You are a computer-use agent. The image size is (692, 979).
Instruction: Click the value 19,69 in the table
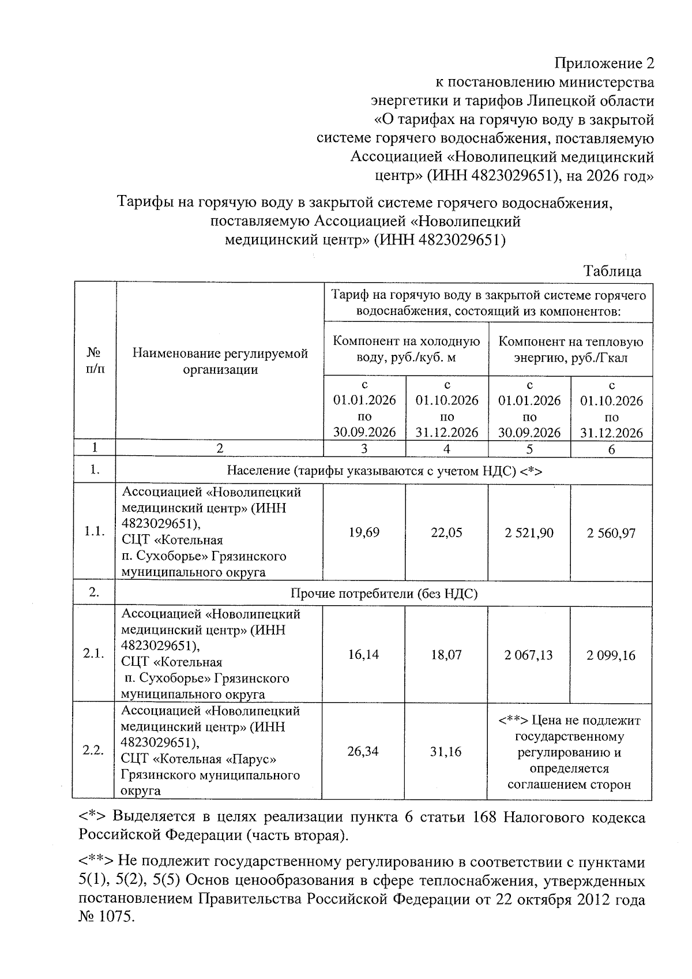click(364, 532)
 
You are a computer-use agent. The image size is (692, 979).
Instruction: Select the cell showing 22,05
click(446, 532)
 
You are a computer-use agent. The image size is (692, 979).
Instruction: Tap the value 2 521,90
click(529, 532)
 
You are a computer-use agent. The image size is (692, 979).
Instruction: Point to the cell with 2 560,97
click(611, 532)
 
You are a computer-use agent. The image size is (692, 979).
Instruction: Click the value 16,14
click(364, 654)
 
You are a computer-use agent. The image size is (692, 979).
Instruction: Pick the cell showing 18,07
click(446, 655)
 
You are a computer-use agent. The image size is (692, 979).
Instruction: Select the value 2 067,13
click(529, 655)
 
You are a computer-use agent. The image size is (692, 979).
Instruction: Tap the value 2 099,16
click(611, 655)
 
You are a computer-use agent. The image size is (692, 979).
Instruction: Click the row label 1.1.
click(94, 532)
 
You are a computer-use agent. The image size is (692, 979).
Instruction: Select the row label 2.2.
click(93, 751)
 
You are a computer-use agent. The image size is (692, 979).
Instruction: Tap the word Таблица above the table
click(612, 271)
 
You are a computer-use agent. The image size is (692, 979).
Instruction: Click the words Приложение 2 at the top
click(604, 63)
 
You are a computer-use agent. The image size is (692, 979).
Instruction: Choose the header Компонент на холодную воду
click(406, 349)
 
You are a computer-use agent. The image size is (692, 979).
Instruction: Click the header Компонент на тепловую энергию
click(570, 349)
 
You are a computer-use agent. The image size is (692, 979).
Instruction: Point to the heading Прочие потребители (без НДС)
click(384, 594)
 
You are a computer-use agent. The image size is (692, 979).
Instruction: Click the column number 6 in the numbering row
click(611, 449)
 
